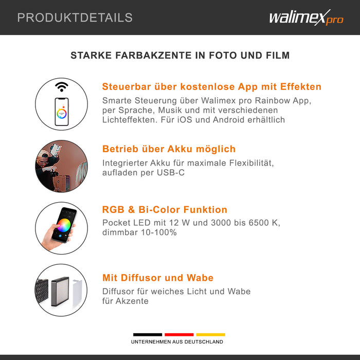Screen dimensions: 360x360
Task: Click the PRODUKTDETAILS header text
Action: pyautogui.click(x=75, y=17)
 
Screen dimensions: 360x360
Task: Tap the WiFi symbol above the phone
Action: pyautogui.click(x=62, y=86)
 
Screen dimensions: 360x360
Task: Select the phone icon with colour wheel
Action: pyautogui.click(x=62, y=111)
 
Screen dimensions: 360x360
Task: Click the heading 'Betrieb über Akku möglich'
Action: pyautogui.click(x=169, y=149)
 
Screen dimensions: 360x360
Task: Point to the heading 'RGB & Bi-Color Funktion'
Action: pyautogui.click(x=165, y=210)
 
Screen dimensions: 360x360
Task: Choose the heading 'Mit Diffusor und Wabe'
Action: pyautogui.click(x=157, y=278)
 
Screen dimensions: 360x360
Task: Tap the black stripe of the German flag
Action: pyautogui.click(x=148, y=334)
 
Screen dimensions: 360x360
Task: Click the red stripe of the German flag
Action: pyautogui.click(x=179, y=334)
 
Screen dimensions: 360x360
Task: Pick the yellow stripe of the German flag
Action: pyautogui.click(x=210, y=334)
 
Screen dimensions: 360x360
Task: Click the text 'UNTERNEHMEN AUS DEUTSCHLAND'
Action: pyautogui.click(x=177, y=342)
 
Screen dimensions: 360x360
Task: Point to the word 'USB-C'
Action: pyautogui.click(x=171, y=173)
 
